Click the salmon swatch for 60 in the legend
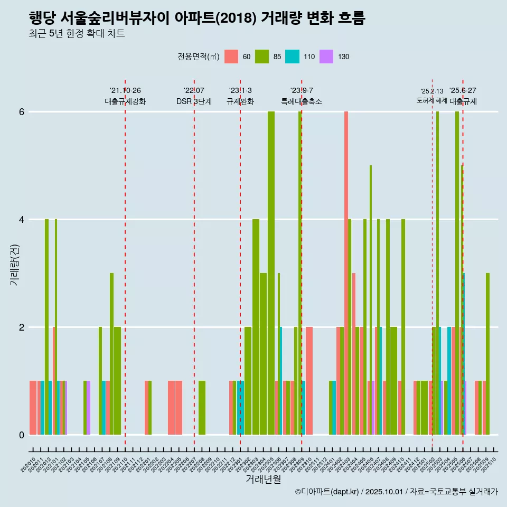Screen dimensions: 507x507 (x=231, y=57)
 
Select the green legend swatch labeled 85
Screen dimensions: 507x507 (x=262, y=57)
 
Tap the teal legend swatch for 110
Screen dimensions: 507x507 (x=292, y=57)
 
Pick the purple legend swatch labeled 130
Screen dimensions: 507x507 (x=326, y=57)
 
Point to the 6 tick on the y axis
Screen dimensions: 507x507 (x=22, y=112)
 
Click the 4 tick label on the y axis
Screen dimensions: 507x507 (x=22, y=220)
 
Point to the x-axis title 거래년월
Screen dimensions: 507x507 (x=263, y=479)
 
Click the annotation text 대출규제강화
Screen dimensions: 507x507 (x=125, y=101)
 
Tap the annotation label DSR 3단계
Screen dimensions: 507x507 (x=194, y=101)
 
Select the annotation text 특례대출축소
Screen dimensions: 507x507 (x=302, y=101)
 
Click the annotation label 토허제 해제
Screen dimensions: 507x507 (x=432, y=100)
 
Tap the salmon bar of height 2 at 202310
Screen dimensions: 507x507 (x=309, y=381)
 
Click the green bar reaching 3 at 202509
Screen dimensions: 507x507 (x=487, y=354)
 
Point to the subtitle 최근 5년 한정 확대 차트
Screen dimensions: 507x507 (x=77, y=34)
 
